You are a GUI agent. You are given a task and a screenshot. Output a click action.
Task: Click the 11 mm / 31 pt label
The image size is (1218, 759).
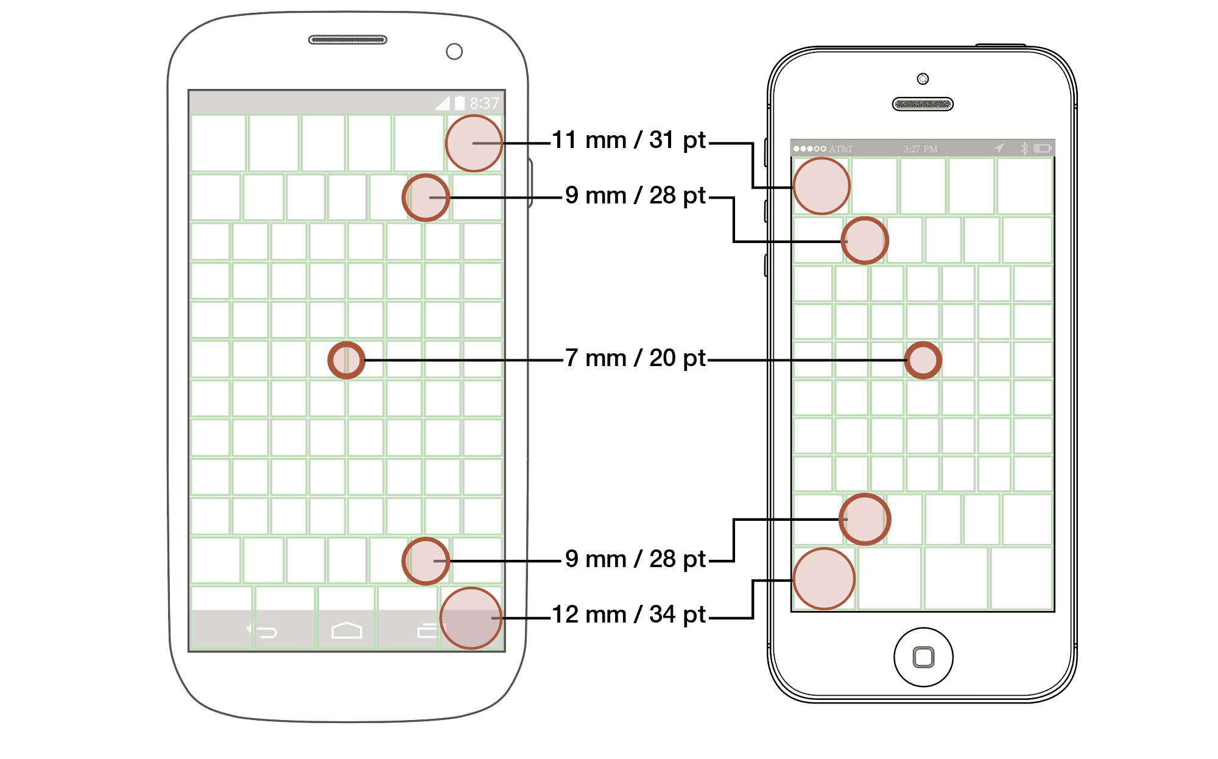[x=628, y=141]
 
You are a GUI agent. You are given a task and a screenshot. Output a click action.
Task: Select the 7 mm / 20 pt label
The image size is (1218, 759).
[x=635, y=358]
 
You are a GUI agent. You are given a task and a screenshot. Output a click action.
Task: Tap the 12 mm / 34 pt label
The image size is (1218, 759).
[x=628, y=615]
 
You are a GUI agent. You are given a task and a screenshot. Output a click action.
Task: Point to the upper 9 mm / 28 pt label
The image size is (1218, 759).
[x=635, y=196]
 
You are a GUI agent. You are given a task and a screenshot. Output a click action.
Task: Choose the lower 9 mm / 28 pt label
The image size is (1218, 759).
[x=635, y=559]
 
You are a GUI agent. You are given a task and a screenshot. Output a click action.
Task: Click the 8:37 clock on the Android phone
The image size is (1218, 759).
[x=484, y=104]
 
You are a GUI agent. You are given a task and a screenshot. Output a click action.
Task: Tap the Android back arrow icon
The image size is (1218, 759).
[x=262, y=631]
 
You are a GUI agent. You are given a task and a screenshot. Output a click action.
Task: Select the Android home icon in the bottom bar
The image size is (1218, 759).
[x=347, y=630]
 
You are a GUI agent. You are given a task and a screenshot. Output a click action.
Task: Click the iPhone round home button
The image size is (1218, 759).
[x=923, y=657]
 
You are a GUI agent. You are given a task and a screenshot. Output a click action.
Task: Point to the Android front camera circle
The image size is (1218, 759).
[x=454, y=52]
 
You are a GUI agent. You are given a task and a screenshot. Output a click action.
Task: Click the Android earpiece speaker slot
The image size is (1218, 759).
[x=348, y=40]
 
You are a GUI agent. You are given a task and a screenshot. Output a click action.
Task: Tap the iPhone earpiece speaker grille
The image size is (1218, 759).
[x=923, y=104]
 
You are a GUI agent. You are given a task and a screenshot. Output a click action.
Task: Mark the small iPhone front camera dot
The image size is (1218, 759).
[x=923, y=79]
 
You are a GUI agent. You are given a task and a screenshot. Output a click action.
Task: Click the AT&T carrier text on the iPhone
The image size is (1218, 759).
[x=841, y=149]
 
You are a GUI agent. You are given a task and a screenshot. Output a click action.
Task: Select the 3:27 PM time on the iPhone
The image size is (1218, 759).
[x=920, y=149]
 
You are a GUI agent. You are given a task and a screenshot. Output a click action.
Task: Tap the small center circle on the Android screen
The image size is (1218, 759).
[x=347, y=360]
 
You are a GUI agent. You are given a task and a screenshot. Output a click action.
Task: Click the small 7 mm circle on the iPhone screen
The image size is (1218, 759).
[x=923, y=360]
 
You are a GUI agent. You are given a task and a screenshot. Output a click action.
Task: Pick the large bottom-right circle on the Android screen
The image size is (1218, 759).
[x=471, y=618]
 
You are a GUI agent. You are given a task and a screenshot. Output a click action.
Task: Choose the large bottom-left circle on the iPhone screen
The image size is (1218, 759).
[x=824, y=579]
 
